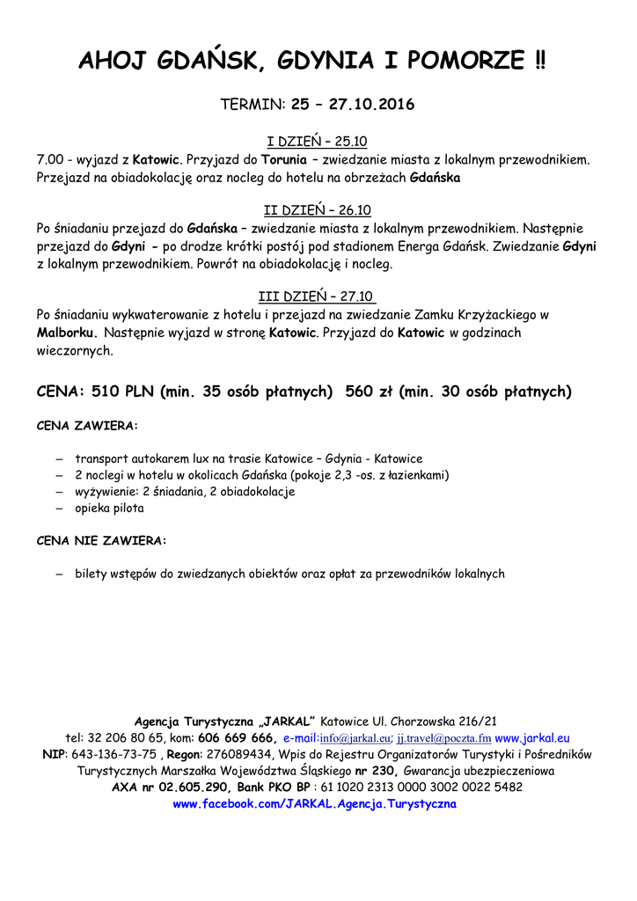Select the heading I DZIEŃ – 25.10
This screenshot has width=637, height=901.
click(x=317, y=141)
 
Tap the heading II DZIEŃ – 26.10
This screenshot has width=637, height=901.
click(x=318, y=209)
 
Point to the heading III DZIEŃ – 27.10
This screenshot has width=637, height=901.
click(x=318, y=296)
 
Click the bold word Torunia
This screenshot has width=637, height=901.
click(x=269, y=160)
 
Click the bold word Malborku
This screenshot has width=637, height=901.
click(x=67, y=333)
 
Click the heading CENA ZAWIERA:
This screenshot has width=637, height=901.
click(x=87, y=426)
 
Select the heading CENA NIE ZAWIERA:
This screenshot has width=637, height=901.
click(x=102, y=539)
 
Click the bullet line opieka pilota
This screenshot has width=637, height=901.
click(x=109, y=508)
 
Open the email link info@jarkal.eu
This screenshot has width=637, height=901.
click(x=355, y=738)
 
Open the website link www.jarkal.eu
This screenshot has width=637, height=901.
click(x=532, y=737)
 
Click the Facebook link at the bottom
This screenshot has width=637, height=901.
click(x=315, y=803)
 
